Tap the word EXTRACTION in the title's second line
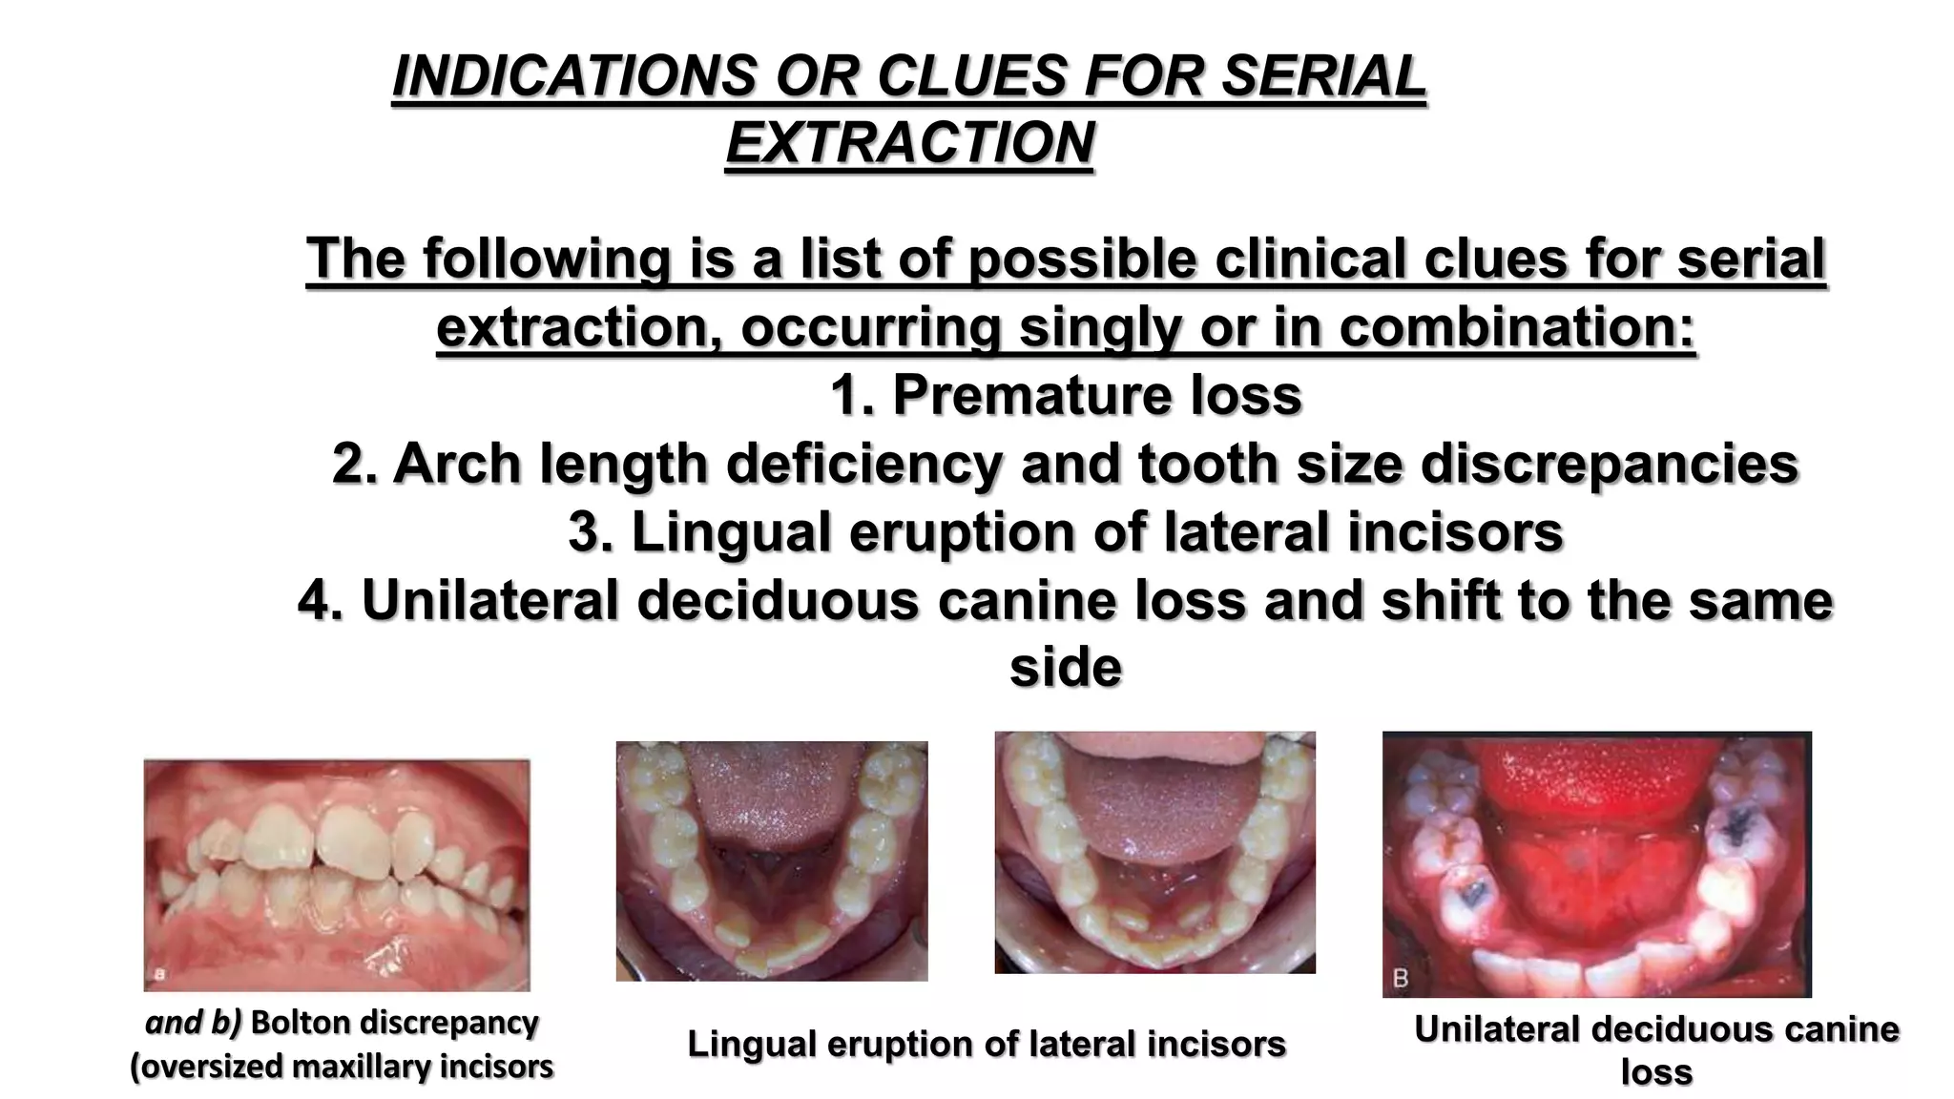point(909,143)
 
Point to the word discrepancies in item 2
point(1610,464)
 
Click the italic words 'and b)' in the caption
point(194,1023)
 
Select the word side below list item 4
point(1065,667)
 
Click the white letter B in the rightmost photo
point(1401,979)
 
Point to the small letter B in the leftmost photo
point(161,974)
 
